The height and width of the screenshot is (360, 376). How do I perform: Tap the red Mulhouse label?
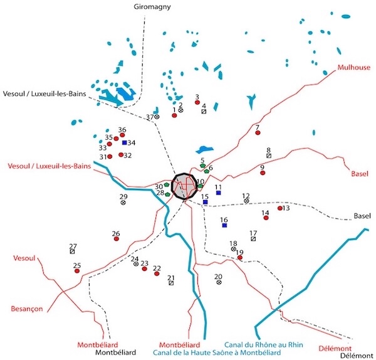click(353, 68)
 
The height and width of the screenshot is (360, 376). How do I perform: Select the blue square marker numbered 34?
click(125, 143)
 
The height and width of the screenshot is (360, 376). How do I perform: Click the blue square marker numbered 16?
click(224, 226)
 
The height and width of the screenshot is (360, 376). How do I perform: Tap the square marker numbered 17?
click(253, 239)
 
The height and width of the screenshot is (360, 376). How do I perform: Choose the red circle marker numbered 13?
click(280, 208)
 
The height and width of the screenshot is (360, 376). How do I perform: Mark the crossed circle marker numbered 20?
click(219, 282)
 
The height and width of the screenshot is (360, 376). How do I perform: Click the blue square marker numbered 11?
click(218, 193)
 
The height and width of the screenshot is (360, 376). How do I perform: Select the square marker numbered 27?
click(73, 251)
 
